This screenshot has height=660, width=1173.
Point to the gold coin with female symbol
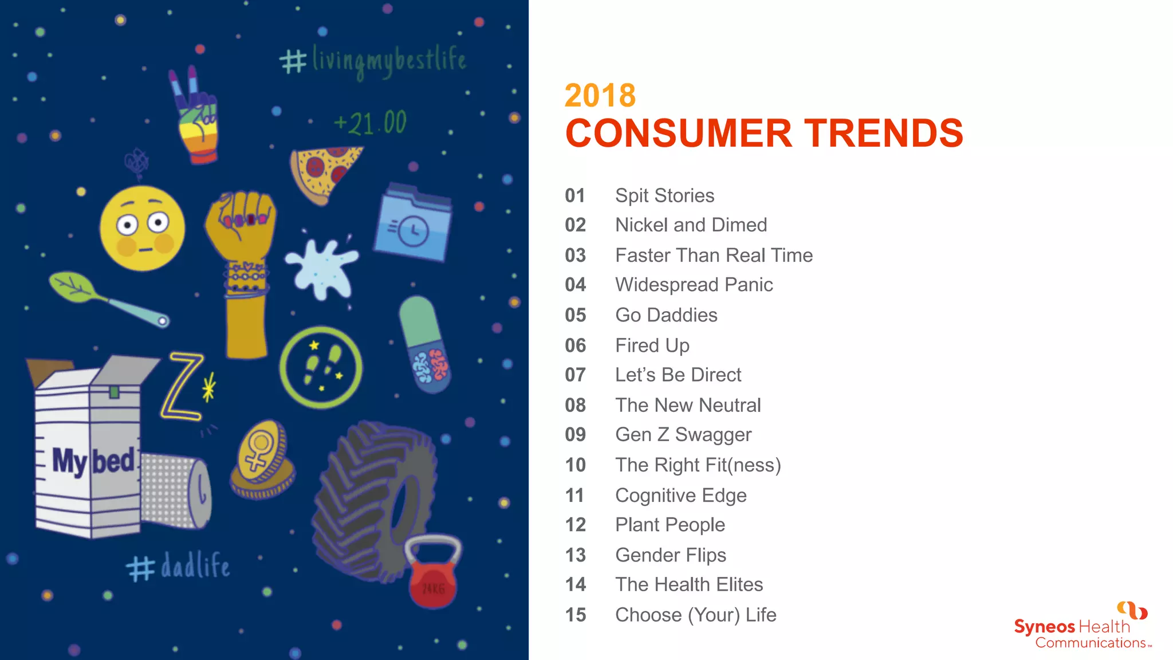(262, 458)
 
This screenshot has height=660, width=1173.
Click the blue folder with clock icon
(412, 223)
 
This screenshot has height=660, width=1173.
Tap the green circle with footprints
(321, 367)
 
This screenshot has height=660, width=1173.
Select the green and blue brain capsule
(424, 344)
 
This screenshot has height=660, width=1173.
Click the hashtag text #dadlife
(178, 566)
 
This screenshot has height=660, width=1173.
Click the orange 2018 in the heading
(600, 95)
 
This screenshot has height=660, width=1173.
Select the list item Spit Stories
(664, 196)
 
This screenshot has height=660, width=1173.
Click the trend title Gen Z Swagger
(683, 435)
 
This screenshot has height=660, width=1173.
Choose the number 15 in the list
(575, 615)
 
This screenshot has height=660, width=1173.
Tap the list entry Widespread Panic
(694, 285)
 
